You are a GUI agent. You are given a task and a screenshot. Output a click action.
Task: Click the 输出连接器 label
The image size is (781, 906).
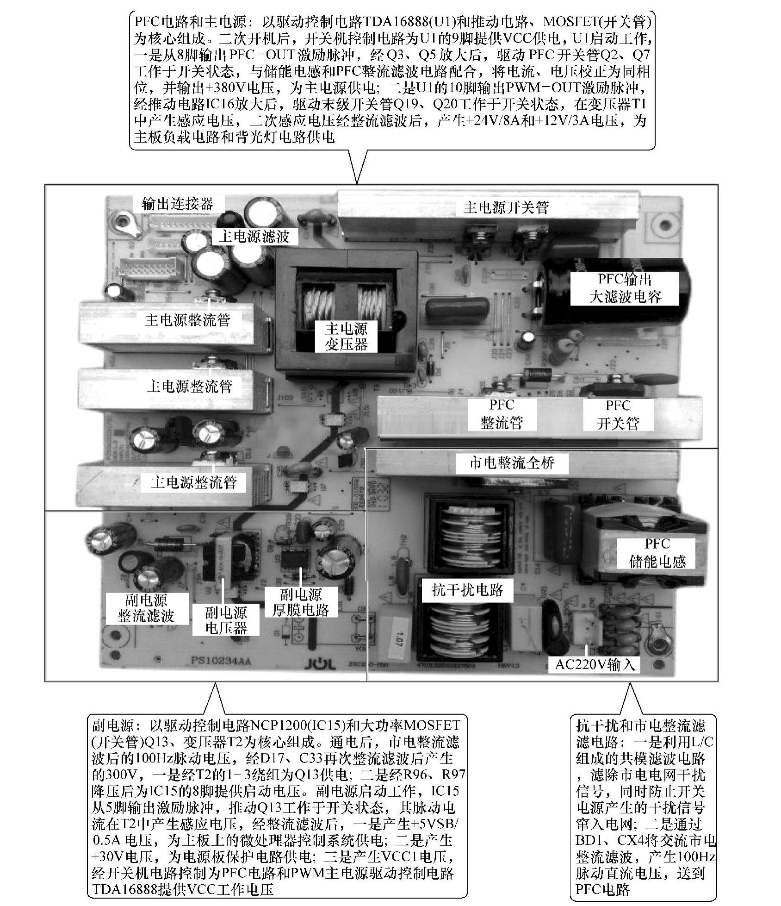pyautogui.click(x=177, y=204)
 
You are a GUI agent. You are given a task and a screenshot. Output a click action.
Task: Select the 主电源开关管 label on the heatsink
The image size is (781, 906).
pyautogui.click(x=506, y=207)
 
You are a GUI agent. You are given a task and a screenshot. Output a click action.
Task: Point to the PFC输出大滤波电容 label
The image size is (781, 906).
pyautogui.click(x=625, y=288)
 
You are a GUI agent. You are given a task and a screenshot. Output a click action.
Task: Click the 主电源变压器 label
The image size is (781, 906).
pyautogui.click(x=346, y=337)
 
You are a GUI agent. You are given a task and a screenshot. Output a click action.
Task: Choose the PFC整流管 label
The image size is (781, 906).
pyautogui.click(x=502, y=414)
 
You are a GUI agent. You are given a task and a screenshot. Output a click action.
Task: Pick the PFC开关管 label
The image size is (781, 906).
pyautogui.click(x=618, y=414)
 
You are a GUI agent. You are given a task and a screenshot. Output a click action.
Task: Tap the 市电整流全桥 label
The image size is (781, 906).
pyautogui.click(x=512, y=462)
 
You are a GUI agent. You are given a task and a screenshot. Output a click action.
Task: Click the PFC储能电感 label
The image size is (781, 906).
pyautogui.click(x=657, y=553)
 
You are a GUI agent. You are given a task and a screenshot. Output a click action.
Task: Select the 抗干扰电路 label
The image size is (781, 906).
pyautogui.click(x=467, y=589)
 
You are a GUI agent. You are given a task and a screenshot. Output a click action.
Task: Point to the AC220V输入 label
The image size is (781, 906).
pyautogui.click(x=595, y=665)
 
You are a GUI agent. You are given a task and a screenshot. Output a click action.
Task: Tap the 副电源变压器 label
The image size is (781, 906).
pyautogui.click(x=226, y=620)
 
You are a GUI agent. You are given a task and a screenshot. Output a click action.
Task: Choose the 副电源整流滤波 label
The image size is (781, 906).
pyautogui.click(x=146, y=608)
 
